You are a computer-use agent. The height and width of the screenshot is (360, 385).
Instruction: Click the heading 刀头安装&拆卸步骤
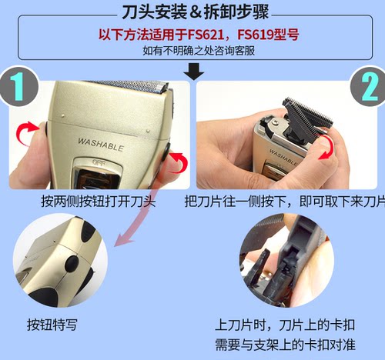192,13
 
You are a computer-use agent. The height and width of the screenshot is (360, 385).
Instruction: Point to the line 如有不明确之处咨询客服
192,51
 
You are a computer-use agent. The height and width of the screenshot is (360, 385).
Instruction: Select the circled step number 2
367,88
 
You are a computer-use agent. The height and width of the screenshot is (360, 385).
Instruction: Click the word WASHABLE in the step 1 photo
100,141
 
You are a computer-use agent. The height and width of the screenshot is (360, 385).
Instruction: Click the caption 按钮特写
51,325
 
